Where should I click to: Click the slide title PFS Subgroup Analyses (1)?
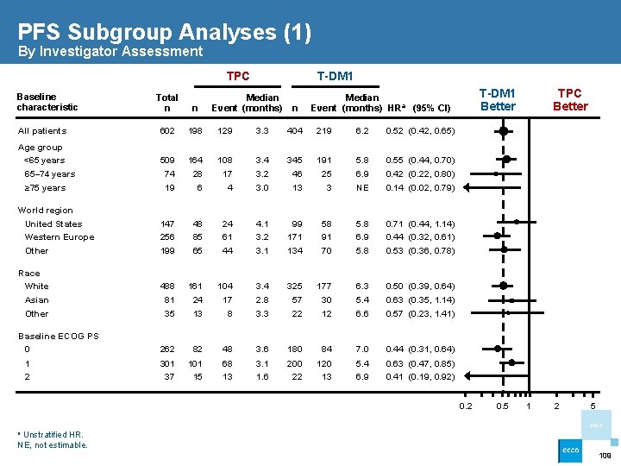click(164, 32)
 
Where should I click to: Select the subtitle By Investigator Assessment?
click(110, 52)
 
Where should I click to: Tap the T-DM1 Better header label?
click(497, 99)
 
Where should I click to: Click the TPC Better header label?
click(569, 99)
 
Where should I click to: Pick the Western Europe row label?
click(60, 237)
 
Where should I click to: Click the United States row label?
click(53, 224)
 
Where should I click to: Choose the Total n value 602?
click(166, 131)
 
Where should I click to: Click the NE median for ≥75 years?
click(363, 188)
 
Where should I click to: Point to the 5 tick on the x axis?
click(593, 406)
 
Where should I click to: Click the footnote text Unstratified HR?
click(49, 434)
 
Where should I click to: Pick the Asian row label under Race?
click(37, 300)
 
